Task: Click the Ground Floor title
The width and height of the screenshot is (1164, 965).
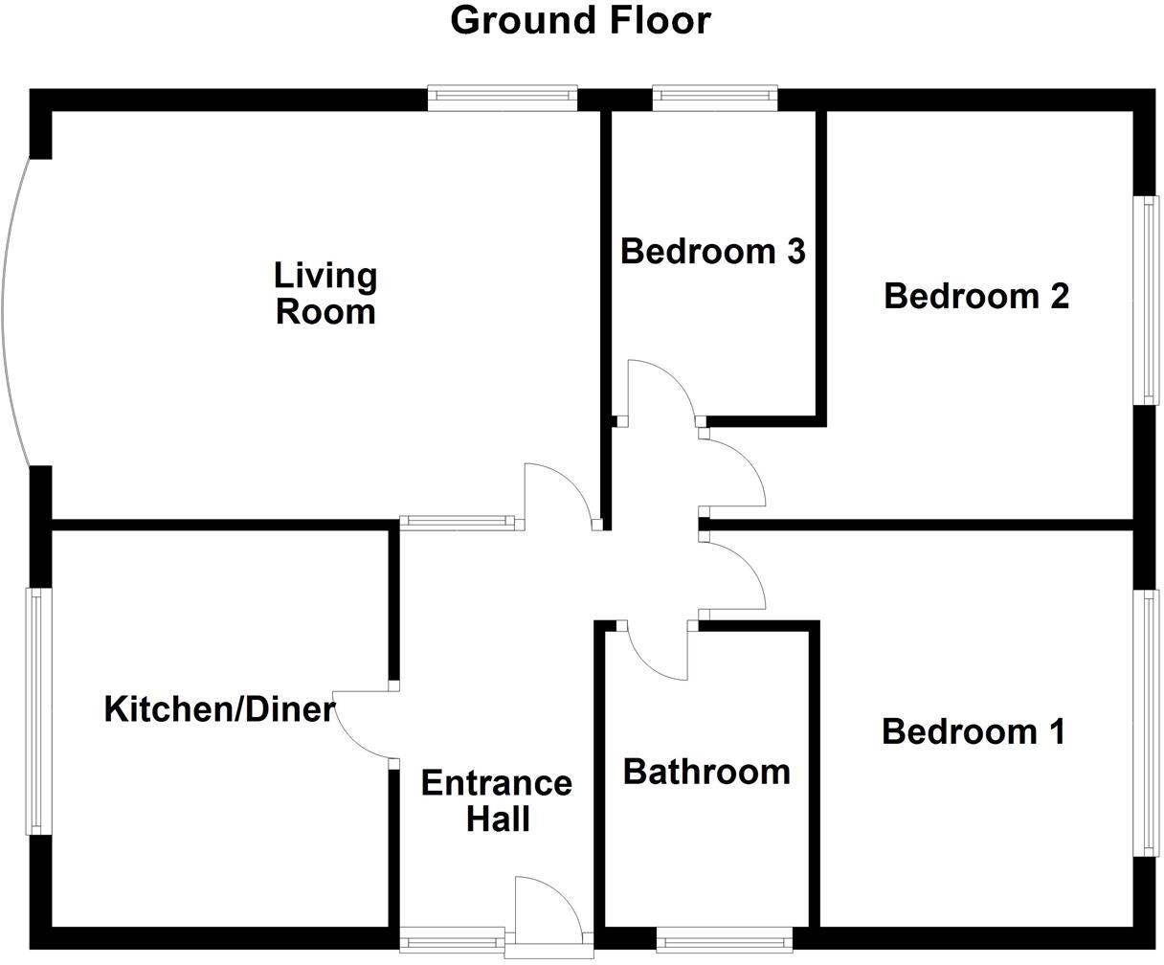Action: tap(580, 20)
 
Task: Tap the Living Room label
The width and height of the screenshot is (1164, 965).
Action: tap(325, 294)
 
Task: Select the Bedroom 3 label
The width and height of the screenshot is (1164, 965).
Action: tap(712, 252)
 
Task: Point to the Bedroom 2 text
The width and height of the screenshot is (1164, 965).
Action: tap(975, 296)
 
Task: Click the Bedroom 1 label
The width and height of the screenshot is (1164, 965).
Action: tap(973, 732)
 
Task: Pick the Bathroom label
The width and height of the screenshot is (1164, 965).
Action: tap(706, 772)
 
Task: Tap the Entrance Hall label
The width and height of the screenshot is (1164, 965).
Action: tap(497, 800)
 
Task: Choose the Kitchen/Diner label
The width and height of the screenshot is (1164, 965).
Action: tap(219, 710)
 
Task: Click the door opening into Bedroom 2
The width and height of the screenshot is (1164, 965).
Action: tap(735, 469)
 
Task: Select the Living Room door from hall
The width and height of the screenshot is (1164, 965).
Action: tap(559, 494)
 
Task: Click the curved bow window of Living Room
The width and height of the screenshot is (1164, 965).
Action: tap(13, 311)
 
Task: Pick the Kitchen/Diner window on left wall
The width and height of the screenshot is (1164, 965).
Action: tap(35, 710)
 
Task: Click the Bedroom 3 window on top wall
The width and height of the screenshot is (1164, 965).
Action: tap(714, 96)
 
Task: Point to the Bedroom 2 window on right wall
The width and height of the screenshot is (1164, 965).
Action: tap(1146, 301)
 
